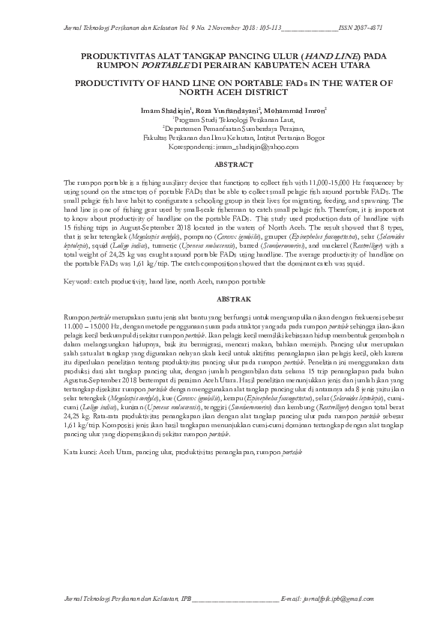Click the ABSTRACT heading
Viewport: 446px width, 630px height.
223,163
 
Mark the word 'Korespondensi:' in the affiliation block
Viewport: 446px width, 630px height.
183,147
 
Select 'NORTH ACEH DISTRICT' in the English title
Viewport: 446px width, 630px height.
223,93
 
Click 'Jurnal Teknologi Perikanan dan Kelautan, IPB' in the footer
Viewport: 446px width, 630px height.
118,599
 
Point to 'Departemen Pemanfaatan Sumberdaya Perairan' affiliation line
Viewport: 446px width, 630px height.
223,129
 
